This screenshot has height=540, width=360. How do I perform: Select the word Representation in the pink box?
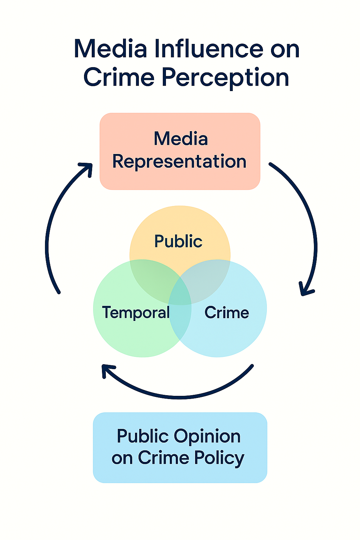(179, 161)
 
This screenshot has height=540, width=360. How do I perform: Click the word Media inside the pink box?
(181, 139)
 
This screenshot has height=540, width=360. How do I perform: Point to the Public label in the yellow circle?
(178, 242)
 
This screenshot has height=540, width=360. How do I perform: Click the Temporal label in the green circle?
(136, 313)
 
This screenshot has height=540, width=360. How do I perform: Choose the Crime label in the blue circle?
(227, 313)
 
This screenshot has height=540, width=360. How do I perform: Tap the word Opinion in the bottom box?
(207, 436)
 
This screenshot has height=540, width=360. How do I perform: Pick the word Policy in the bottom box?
(219, 458)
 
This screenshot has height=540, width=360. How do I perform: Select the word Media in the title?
(110, 49)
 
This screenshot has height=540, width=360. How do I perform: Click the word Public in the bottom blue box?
(142, 436)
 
